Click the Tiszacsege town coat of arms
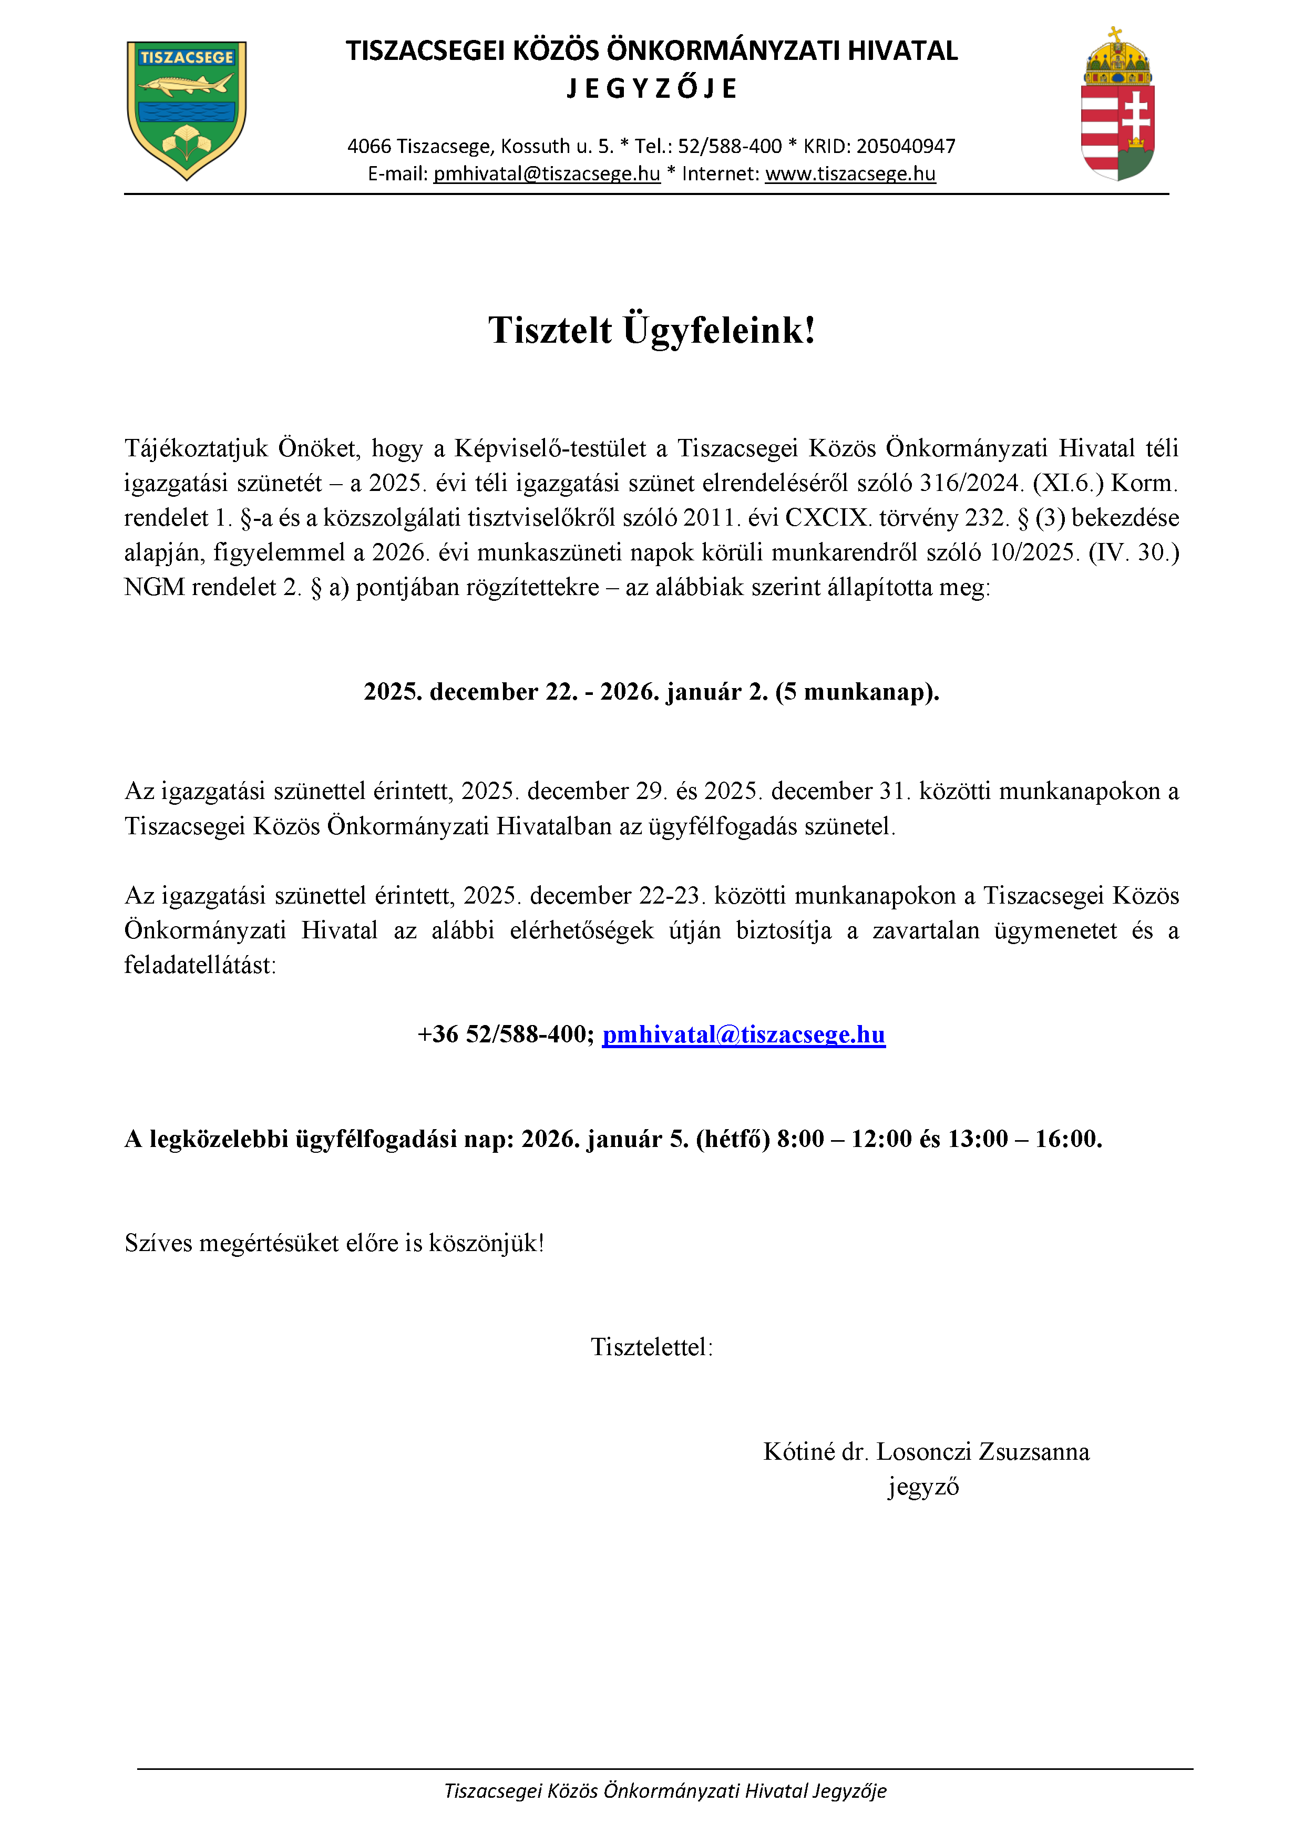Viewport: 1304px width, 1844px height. (186, 110)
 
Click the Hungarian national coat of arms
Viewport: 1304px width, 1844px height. (1118, 105)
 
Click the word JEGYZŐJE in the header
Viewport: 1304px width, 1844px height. (651, 88)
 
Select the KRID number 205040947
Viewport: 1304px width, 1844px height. (906, 146)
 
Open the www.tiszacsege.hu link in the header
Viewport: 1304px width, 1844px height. (850, 173)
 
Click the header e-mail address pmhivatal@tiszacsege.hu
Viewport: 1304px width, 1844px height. (547, 173)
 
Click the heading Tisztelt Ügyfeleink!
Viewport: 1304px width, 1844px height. (651, 330)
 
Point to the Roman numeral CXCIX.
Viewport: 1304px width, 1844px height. (828, 518)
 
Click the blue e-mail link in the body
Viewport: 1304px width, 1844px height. (744, 1034)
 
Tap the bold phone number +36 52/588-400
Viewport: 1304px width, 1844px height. (506, 1034)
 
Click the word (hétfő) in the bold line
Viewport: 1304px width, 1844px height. (732, 1139)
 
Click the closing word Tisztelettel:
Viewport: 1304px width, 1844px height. (651, 1347)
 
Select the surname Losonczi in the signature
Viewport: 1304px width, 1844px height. (923, 1451)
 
